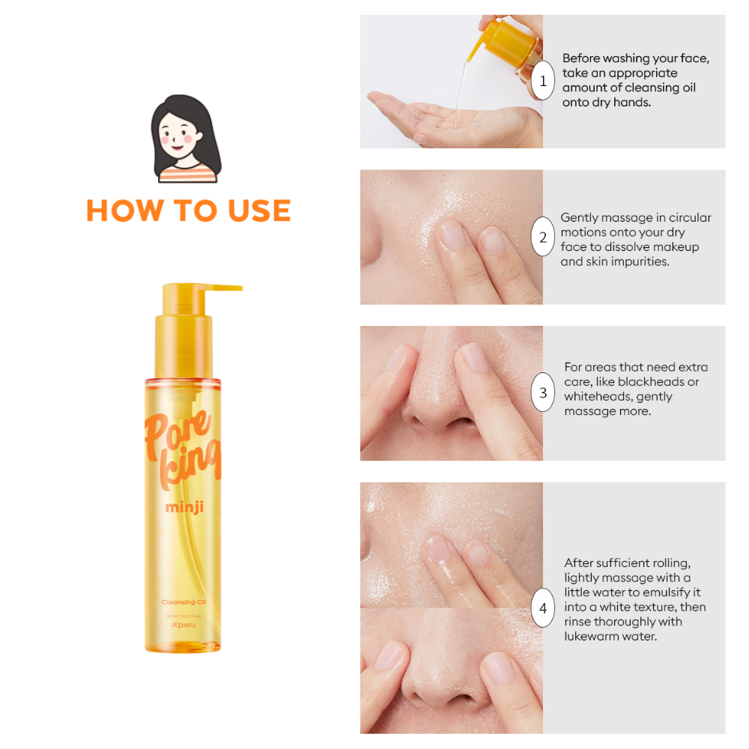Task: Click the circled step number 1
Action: point(543,81)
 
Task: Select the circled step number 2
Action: point(543,237)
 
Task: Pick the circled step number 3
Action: point(543,393)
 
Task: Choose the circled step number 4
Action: point(543,607)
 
